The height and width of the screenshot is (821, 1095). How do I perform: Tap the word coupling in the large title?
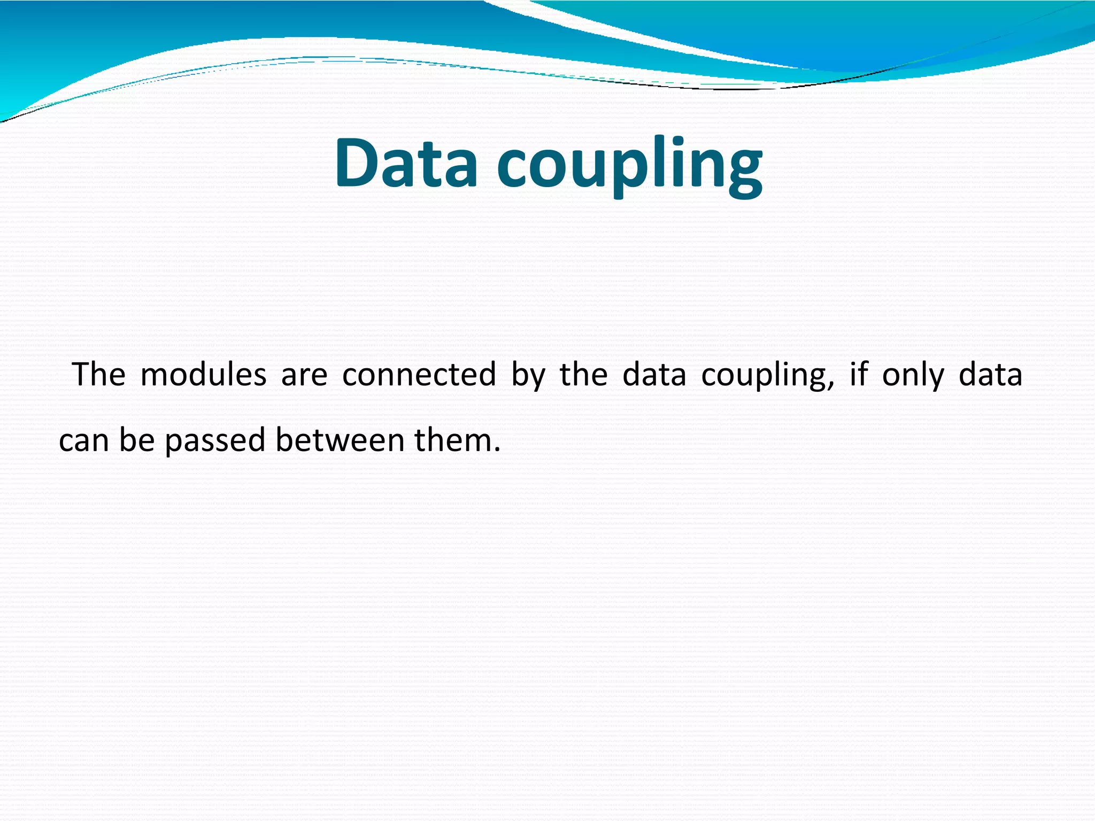[x=629, y=166]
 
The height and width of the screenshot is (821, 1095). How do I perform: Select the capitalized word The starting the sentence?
[x=99, y=374]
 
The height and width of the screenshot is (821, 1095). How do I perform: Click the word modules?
[x=203, y=374]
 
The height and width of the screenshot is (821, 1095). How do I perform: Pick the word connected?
[x=419, y=374]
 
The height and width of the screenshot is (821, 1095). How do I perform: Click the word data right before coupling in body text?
[x=654, y=374]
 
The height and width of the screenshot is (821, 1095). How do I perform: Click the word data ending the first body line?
[x=990, y=374]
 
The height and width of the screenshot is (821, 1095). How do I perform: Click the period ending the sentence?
[x=497, y=450]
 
